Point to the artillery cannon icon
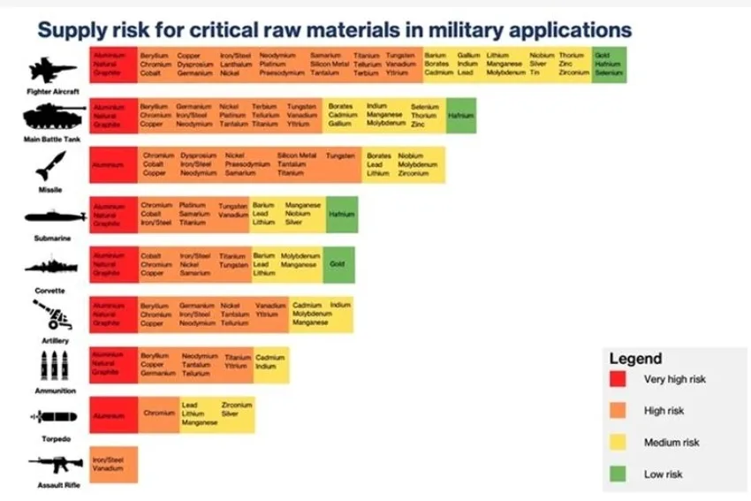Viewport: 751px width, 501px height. (51, 314)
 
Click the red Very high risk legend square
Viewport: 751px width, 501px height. (618, 379)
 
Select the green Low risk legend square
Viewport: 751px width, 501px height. (618, 474)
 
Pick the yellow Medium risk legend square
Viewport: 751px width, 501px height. (618, 443)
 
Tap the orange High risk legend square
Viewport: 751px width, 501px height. (618, 411)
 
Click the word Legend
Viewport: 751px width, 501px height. (635, 359)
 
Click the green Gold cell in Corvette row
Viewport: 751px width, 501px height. (338, 264)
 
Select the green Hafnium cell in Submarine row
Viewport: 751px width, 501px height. (341, 215)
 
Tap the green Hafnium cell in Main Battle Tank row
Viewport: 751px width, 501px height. (460, 116)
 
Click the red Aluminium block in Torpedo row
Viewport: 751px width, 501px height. (113, 414)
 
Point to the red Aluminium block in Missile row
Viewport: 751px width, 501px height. (113, 165)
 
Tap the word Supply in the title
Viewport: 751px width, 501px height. (67, 30)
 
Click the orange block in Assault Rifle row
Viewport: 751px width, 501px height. (113, 465)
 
